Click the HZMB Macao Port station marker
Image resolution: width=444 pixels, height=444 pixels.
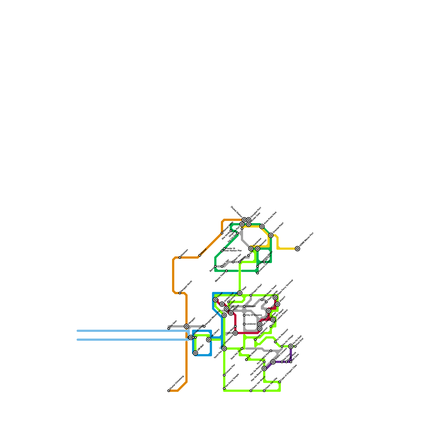coord(297,249)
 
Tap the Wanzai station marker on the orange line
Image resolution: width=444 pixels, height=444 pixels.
coord(200,255)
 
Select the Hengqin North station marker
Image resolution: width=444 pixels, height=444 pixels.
coord(180,293)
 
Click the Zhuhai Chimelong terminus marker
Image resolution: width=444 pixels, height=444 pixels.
coord(169,391)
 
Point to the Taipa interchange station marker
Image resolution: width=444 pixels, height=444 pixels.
coord(240,293)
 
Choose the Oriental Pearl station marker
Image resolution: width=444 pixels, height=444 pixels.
coord(271,235)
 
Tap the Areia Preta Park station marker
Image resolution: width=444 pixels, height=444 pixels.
coord(262,226)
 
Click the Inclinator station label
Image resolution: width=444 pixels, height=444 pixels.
coord(251,306)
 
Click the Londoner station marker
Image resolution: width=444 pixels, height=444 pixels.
coord(244,324)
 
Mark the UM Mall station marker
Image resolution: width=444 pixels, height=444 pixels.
coord(195,353)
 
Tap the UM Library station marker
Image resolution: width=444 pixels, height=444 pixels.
coord(209,340)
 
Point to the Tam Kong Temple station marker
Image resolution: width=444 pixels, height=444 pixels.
coord(224,389)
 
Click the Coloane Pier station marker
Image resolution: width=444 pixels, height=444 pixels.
coord(224,375)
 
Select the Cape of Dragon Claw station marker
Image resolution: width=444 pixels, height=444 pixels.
coord(280,382)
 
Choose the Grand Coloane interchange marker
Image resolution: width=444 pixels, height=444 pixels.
coord(273,362)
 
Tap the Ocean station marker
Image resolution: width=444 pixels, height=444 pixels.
coord(215,300)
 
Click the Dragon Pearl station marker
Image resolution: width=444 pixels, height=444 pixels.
coord(251,295)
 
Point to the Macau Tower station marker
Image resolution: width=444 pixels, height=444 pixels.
coord(226,271)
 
